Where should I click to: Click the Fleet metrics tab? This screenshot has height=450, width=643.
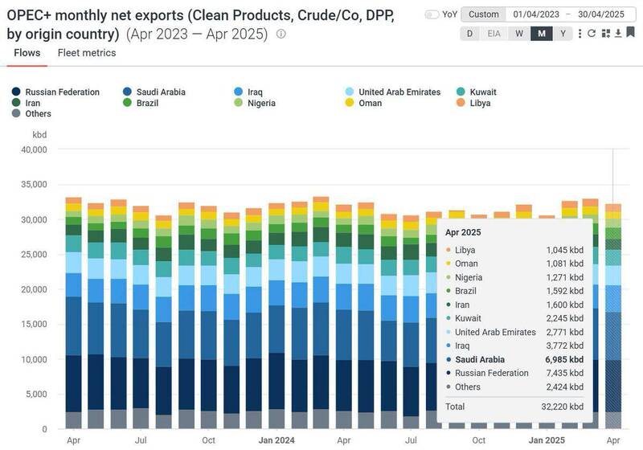pos(87,53)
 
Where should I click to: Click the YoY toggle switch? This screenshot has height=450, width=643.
pos(432,14)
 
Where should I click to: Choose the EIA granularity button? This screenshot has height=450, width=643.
pos(494,33)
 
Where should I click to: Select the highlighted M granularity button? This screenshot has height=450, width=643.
pos(542,33)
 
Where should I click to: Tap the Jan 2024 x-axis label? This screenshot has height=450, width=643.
pos(276,440)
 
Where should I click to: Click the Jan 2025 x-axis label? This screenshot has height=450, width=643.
pos(546,440)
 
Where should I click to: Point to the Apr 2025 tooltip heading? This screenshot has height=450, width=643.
pos(464,232)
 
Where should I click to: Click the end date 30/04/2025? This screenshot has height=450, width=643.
pos(602,14)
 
